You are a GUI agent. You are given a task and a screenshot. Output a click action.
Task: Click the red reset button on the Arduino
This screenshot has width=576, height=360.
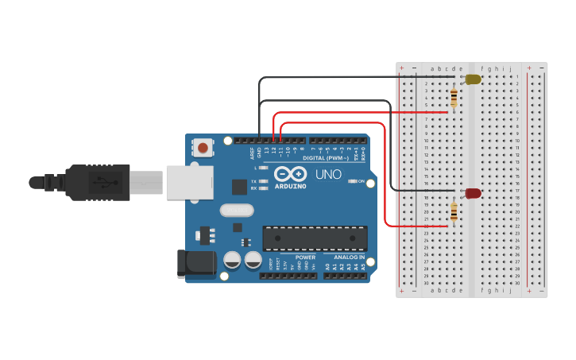click(x=203, y=147)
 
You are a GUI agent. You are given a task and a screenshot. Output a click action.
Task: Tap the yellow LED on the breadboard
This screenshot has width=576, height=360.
click(x=473, y=79)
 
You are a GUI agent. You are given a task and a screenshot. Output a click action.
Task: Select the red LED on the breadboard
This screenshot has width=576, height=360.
click(x=473, y=193)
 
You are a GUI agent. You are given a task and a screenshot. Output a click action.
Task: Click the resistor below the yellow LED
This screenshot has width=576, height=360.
click(x=454, y=98)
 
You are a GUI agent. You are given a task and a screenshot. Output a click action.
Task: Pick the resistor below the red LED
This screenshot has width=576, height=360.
click(x=454, y=211)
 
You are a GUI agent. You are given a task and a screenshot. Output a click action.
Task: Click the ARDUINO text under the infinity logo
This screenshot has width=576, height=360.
click(x=290, y=186)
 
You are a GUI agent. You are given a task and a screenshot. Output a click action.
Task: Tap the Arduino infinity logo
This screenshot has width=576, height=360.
click(x=290, y=174)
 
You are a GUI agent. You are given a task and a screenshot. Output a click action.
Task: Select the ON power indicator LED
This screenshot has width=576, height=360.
click(x=352, y=181)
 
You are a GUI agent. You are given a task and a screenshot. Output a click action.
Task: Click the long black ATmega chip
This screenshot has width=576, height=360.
click(x=315, y=238)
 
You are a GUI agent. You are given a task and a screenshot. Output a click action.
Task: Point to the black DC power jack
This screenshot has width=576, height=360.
click(x=195, y=263)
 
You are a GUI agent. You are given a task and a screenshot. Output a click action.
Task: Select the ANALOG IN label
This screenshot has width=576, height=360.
click(x=350, y=257)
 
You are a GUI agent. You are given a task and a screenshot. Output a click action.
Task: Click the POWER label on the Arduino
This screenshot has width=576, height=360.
click(x=305, y=257)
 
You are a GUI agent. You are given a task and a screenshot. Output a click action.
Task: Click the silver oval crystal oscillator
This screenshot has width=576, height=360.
click(x=237, y=211)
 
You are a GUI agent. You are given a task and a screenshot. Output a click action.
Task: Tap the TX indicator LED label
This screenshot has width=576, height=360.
click(x=253, y=181)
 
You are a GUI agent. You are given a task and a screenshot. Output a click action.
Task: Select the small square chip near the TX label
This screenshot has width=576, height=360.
click(x=239, y=187)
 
